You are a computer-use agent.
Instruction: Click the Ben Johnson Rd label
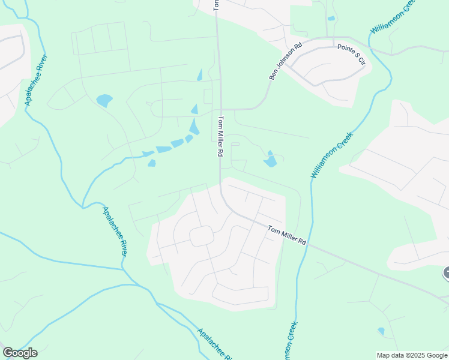click(x=286, y=61)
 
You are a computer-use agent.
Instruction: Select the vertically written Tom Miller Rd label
click(x=221, y=136)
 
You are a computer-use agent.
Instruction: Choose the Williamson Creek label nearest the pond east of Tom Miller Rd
click(x=332, y=155)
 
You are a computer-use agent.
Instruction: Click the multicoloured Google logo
click(x=20, y=353)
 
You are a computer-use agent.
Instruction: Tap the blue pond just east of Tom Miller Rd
click(x=270, y=159)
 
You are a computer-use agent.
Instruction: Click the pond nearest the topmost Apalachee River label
click(x=104, y=100)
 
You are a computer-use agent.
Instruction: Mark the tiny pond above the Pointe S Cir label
click(x=331, y=19)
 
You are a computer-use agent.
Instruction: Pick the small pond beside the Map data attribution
click(x=381, y=331)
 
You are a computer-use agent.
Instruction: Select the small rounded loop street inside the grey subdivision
click(x=202, y=236)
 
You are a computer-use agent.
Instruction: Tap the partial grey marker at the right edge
click(x=446, y=273)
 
